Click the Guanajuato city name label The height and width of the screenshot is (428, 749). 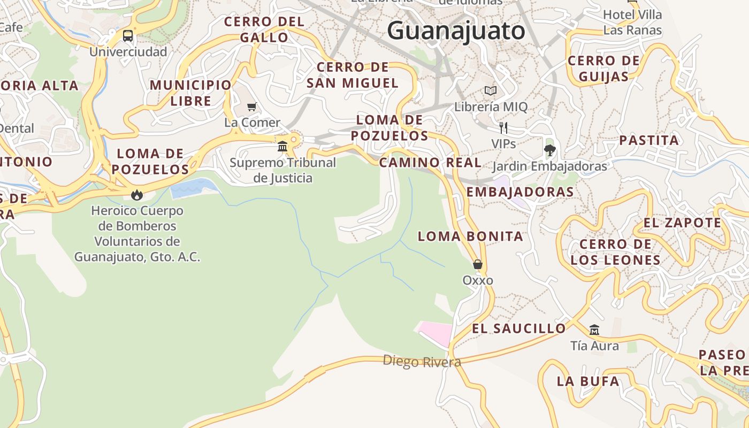click(x=456, y=30)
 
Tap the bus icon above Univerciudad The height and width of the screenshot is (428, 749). click(x=128, y=36)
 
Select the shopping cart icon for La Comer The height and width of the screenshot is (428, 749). click(x=252, y=106)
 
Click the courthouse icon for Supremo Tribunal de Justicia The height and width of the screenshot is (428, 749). click(x=282, y=146)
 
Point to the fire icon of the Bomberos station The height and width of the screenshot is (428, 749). click(x=137, y=195)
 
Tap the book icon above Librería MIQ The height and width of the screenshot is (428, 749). click(x=491, y=91)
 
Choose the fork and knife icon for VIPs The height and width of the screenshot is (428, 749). click(x=503, y=127)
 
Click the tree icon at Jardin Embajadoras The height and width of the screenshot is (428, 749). click(x=549, y=150)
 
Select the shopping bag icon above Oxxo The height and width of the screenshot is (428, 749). click(x=478, y=264)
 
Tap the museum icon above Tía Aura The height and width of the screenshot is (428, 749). click(x=594, y=330)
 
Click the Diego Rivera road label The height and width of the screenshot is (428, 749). click(x=422, y=362)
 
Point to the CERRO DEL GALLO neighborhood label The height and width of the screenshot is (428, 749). click(x=264, y=30)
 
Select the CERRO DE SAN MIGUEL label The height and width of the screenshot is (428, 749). click(x=353, y=75)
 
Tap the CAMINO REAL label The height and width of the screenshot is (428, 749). click(x=430, y=163)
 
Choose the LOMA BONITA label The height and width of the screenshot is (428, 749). click(x=470, y=236)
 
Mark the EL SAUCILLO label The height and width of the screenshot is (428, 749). click(x=518, y=328)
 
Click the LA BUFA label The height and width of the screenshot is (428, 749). click(x=588, y=381)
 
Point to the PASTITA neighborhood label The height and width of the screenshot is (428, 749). click(x=649, y=141)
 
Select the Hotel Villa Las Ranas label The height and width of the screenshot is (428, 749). click(x=632, y=22)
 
